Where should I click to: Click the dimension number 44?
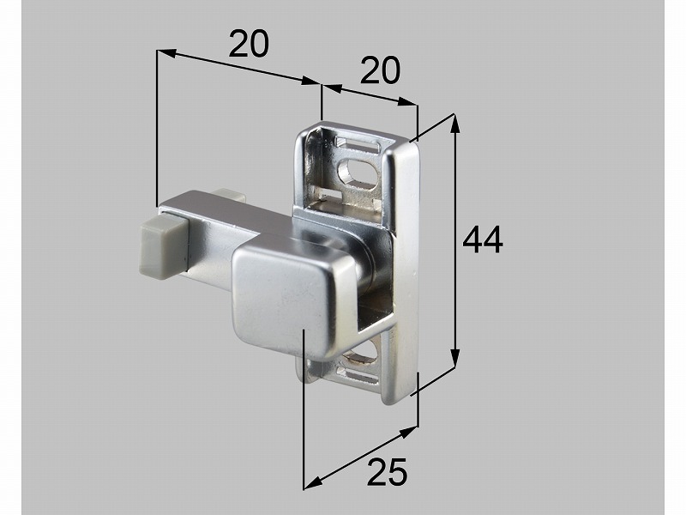tap(483, 240)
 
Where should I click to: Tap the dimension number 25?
tap(388, 471)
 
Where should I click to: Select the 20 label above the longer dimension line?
tap(249, 44)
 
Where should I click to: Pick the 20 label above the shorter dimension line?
tap(380, 70)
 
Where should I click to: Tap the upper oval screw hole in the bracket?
tap(358, 172)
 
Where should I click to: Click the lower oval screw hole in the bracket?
tap(359, 353)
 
